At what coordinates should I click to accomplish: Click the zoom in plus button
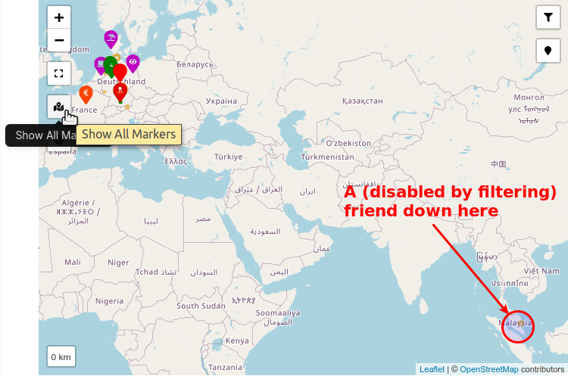[59, 17]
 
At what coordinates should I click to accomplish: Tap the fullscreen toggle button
[59, 73]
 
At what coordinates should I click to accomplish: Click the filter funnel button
[548, 17]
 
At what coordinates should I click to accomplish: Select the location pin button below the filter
[548, 51]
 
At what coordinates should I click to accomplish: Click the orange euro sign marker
[86, 94]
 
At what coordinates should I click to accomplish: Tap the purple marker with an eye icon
[133, 62]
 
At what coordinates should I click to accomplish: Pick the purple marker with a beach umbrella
[111, 38]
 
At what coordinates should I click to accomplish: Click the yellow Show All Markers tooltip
[129, 135]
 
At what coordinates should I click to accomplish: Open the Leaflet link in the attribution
[432, 369]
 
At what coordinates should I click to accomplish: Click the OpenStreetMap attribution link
[488, 369]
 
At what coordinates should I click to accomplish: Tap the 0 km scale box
[61, 356]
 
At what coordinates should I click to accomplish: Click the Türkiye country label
[227, 156]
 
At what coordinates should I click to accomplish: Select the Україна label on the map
[221, 100]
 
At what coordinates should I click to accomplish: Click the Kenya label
[237, 340]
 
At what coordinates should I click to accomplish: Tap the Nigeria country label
[109, 300]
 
